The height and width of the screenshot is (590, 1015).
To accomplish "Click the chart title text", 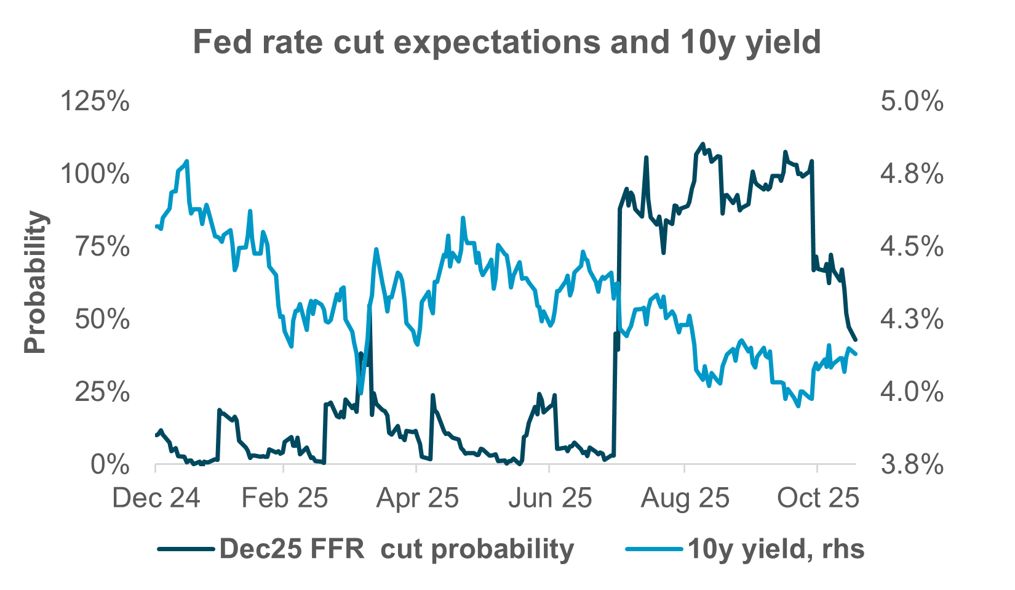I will pyautogui.click(x=507, y=42).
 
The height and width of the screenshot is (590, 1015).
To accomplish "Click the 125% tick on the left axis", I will pyautogui.click(x=95, y=101).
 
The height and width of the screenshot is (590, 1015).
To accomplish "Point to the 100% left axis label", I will pyautogui.click(x=95, y=174).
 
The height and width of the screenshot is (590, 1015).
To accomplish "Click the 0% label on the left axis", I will pyautogui.click(x=109, y=465).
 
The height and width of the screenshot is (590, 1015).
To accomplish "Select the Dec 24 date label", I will pyautogui.click(x=156, y=498).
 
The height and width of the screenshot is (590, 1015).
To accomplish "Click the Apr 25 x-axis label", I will pyautogui.click(x=418, y=498).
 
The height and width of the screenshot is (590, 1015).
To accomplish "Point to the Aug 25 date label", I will pyautogui.click(x=685, y=498).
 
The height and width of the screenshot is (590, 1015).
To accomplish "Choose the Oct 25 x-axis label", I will pyautogui.click(x=818, y=498).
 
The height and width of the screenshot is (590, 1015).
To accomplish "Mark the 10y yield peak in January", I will pyautogui.click(x=186, y=161).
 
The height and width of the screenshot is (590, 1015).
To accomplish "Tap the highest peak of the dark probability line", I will pyautogui.click(x=703, y=143).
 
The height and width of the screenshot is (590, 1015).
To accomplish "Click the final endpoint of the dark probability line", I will pyautogui.click(x=856, y=339).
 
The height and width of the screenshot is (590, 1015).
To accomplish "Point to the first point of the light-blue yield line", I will pyautogui.click(x=155, y=227).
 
